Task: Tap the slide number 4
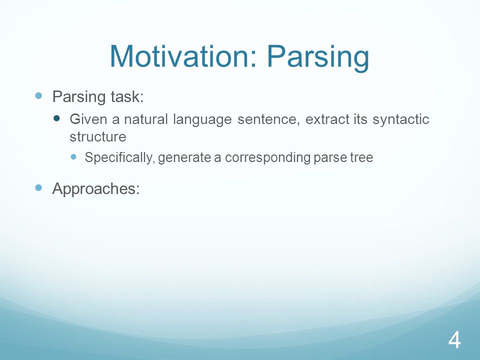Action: pyautogui.click(x=454, y=340)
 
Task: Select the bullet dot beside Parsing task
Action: pyautogui.click(x=38, y=96)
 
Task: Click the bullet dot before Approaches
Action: pyautogui.click(x=38, y=187)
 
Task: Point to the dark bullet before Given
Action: pyautogui.click(x=56, y=118)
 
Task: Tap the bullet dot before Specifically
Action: pyautogui.click(x=73, y=156)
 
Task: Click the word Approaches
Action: pyautogui.click(x=96, y=188)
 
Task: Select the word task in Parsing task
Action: pyautogui.click(x=126, y=96)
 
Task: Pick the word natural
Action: pyautogui.click(x=145, y=119)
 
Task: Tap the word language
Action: pyautogui.click(x=202, y=119)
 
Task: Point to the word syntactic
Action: pyautogui.click(x=400, y=119)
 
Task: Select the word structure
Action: pyautogui.click(x=98, y=137)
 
